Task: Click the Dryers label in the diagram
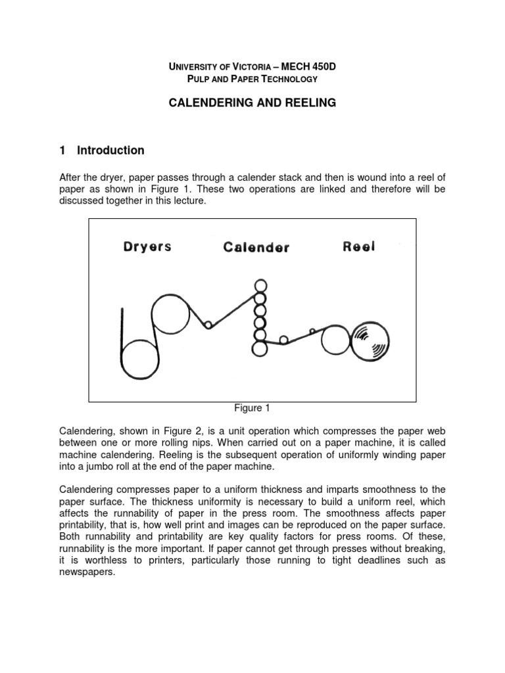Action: tap(147, 246)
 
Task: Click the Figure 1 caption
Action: tap(252, 408)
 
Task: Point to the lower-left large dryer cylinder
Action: tap(140, 357)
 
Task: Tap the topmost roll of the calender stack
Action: tap(261, 287)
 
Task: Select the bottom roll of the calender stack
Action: tap(260, 348)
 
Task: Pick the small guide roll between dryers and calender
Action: tap(208, 325)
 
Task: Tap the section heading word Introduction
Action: tap(110, 151)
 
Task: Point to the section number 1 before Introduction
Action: tap(62, 151)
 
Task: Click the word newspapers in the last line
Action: tap(87, 571)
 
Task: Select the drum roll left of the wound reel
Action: tap(336, 340)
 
